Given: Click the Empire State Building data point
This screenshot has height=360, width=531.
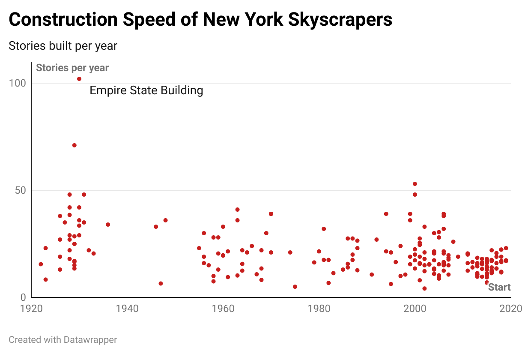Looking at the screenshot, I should coord(79,79).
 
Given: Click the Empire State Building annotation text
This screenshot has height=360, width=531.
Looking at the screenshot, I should coord(146,90).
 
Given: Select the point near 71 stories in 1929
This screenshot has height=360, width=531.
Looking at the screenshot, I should coord(75,145).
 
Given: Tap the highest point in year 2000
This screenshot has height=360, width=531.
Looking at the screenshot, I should coord(415,184).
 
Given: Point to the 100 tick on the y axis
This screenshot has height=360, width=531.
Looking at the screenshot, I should coord(18,83).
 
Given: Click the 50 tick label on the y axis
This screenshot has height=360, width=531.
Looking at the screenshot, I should coord(20,190).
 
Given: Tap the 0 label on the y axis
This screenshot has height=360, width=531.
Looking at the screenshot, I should coord(23,297).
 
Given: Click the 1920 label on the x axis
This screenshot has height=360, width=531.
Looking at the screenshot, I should coord(31,309).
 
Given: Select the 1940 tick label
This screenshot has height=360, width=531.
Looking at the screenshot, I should coord(127,309).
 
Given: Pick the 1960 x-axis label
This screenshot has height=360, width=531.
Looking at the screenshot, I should coord(223,309).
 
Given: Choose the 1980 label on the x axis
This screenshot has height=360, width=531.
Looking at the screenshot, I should coord(319,309).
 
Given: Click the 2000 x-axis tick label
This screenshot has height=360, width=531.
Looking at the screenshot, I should coord(415,309).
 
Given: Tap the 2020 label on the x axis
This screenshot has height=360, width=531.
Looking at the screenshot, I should coord(510,309).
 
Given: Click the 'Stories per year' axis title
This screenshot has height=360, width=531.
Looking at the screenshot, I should coord(72,68).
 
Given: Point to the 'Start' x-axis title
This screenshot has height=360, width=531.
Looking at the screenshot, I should coord(499,287).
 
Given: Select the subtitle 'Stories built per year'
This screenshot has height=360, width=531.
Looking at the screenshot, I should coord(63,46).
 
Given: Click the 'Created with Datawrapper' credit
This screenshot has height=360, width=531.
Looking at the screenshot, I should coord(63,340).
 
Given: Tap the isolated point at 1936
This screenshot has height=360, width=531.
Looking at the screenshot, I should coord(108,225).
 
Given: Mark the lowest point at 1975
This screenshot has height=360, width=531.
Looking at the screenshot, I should coord(295,287).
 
